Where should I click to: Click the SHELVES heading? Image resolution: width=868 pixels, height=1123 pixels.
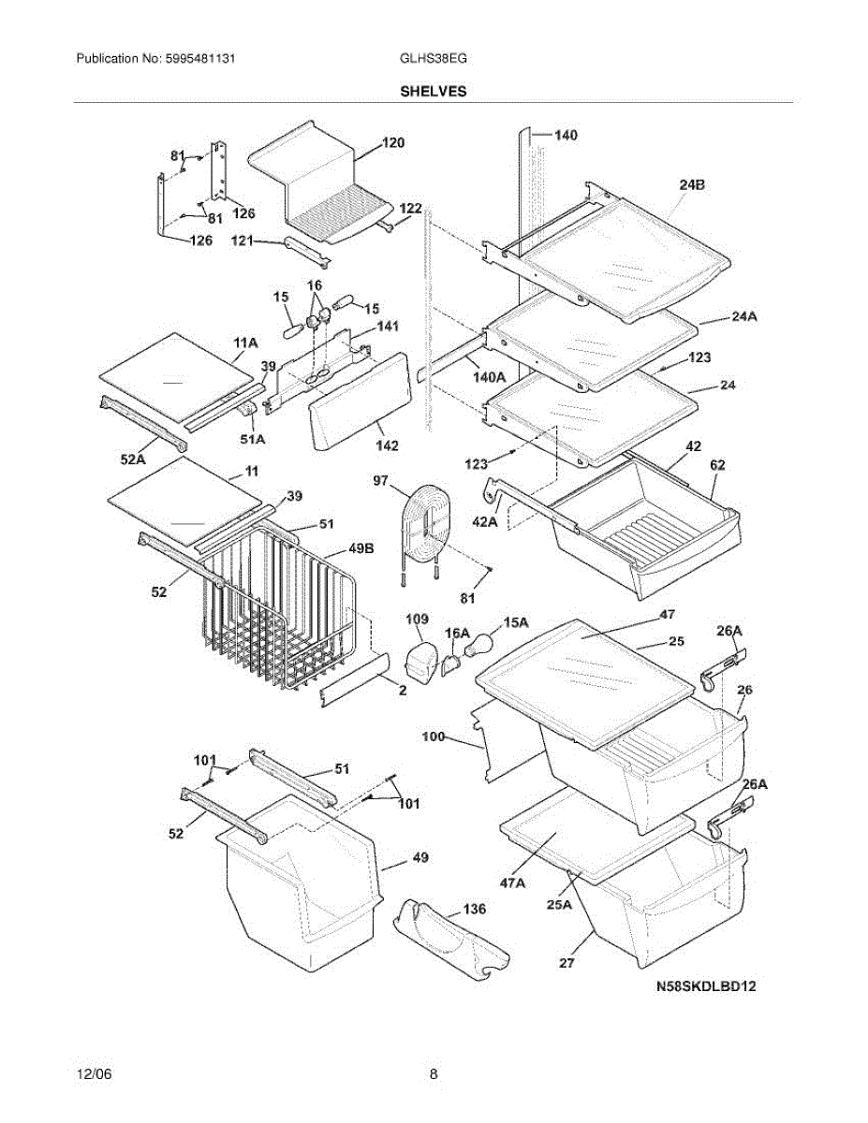[x=434, y=92]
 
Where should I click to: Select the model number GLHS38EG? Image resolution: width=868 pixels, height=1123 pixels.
[x=434, y=58]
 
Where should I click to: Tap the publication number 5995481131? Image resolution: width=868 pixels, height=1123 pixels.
[x=200, y=58]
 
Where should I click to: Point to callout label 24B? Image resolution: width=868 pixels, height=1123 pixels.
[x=692, y=184]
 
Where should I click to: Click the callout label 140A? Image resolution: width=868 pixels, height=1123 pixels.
[x=490, y=378]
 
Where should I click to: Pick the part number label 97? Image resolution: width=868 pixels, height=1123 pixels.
[x=380, y=481]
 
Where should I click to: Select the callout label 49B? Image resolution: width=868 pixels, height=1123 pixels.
[x=361, y=548]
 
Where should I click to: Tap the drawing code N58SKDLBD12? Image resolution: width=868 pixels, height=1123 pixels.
[x=706, y=986]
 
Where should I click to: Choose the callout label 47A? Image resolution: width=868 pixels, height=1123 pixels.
[x=512, y=883]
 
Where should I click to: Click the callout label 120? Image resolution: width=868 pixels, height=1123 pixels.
[x=393, y=142]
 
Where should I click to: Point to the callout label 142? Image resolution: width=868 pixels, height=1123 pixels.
[x=388, y=445]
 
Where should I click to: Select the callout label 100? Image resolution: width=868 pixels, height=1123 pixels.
[x=434, y=736]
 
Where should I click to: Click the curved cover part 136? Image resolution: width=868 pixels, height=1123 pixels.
[x=452, y=941]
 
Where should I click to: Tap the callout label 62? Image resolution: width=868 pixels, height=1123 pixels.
[x=717, y=464]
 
